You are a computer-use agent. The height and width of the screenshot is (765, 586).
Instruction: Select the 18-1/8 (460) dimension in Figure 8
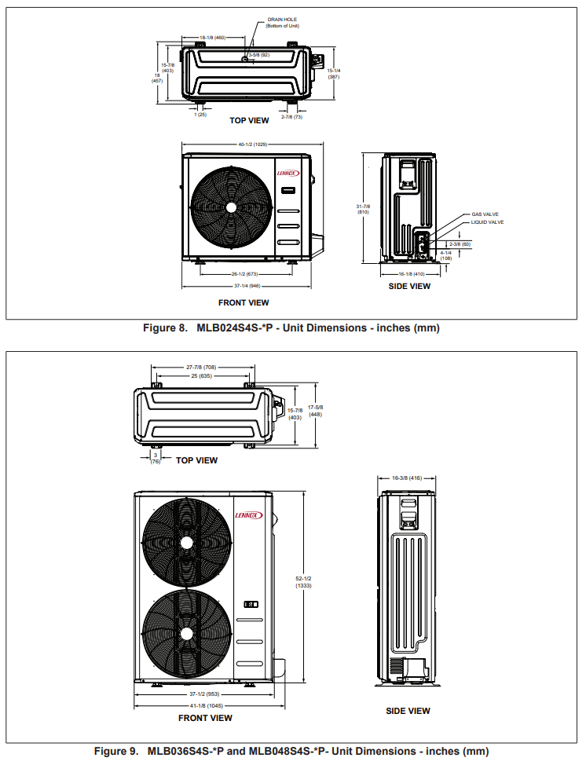(x=212, y=37)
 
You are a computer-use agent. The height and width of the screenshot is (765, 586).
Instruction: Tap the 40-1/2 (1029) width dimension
(x=253, y=144)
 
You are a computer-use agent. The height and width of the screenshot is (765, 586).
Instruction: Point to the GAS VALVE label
(x=485, y=214)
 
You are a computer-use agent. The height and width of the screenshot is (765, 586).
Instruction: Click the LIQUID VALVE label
(x=487, y=222)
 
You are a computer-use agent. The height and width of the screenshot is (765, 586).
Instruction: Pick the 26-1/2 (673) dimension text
(x=244, y=274)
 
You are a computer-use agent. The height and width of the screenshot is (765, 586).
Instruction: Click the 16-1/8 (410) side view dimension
(x=411, y=274)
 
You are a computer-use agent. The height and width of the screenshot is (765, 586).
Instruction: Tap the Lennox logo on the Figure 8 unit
(x=288, y=174)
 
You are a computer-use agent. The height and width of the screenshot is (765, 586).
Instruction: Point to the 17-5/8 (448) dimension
(x=316, y=411)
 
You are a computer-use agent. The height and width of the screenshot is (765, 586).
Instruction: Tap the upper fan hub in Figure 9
(x=185, y=543)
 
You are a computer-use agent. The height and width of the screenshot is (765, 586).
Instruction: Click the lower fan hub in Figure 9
(x=185, y=634)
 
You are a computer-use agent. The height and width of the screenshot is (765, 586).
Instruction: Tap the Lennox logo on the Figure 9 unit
(x=248, y=515)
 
